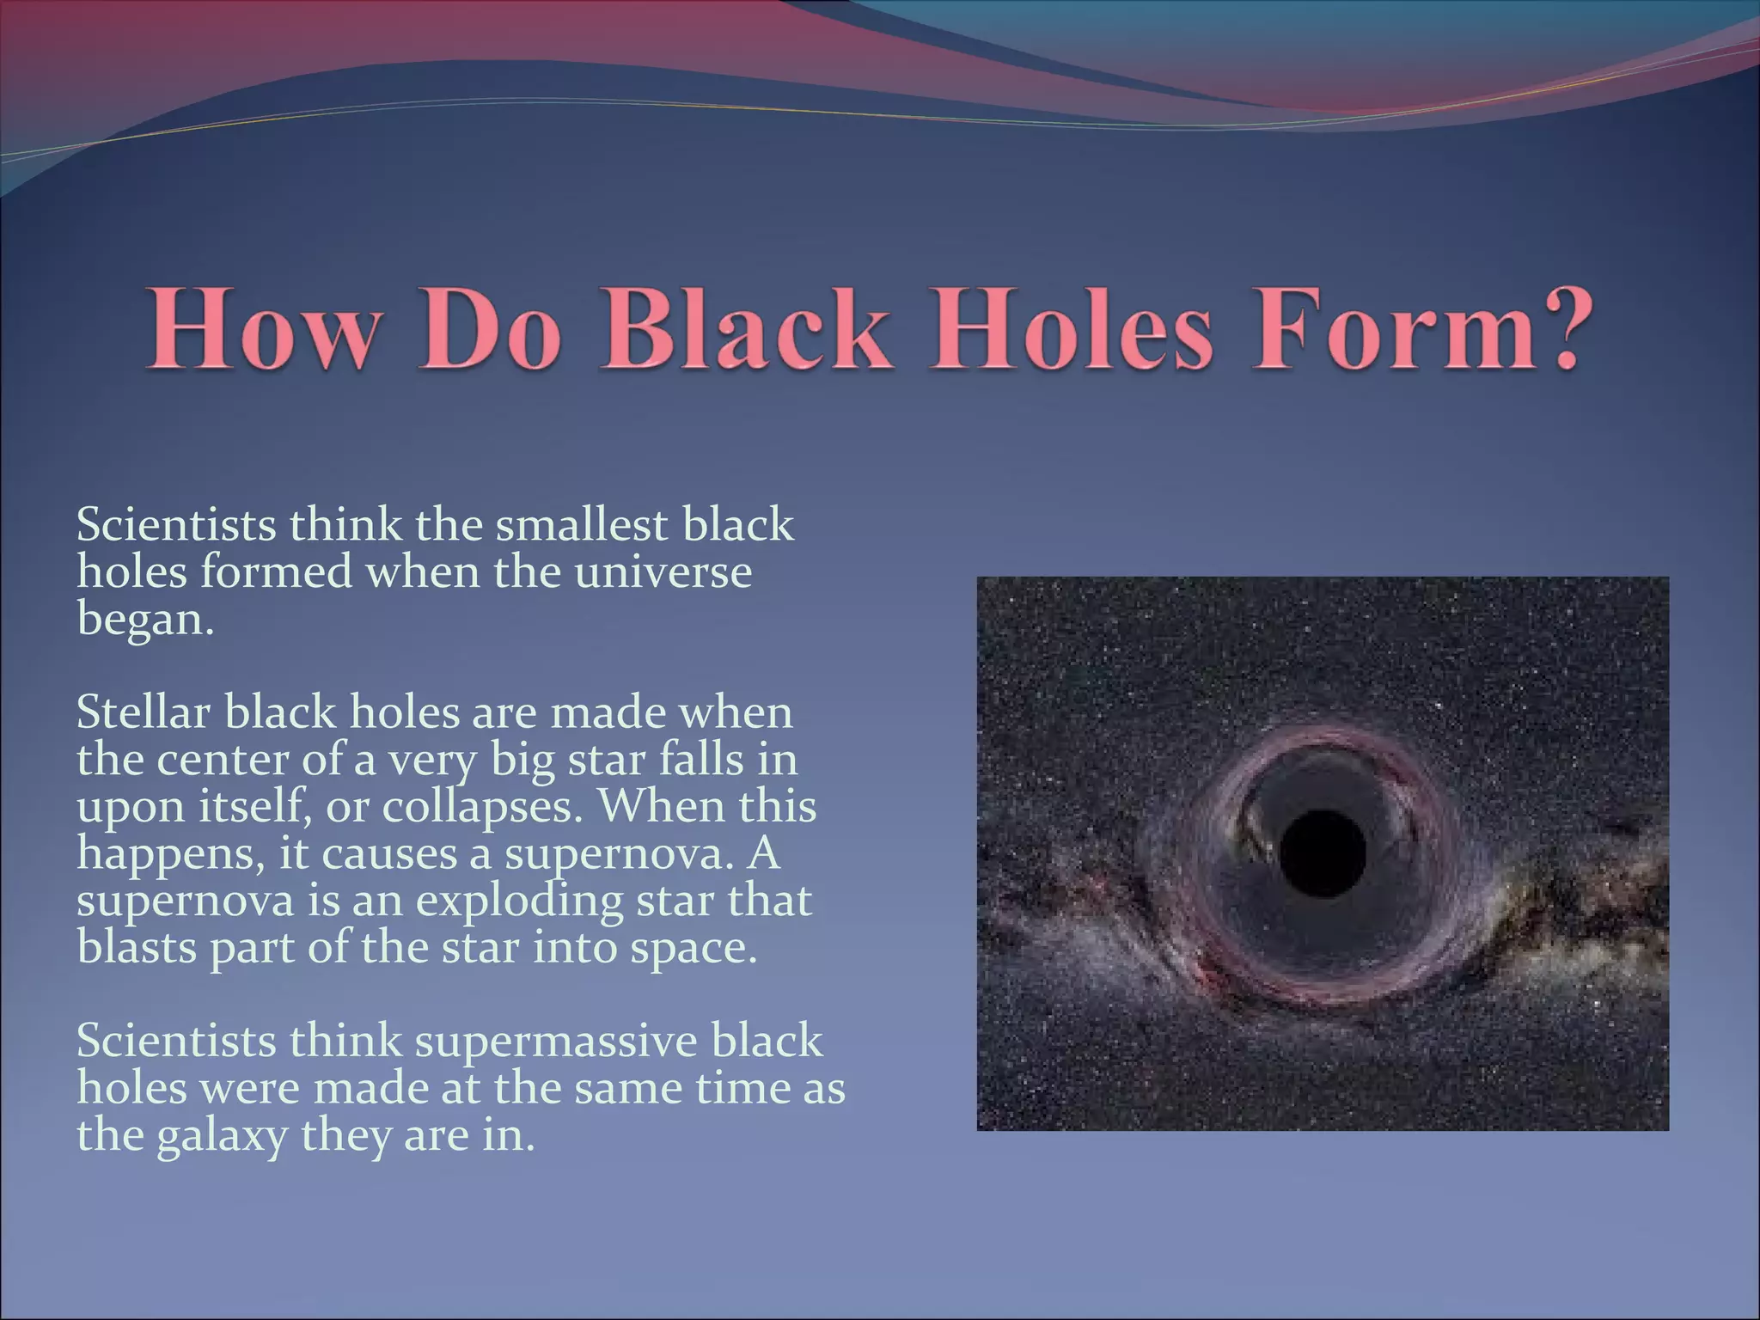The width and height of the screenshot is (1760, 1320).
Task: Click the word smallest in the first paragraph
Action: (x=581, y=525)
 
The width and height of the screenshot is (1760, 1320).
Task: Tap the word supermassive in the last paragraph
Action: (x=557, y=1042)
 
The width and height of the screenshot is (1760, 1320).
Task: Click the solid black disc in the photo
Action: (x=1323, y=852)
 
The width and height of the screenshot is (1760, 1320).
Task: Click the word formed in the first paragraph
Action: (x=276, y=572)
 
